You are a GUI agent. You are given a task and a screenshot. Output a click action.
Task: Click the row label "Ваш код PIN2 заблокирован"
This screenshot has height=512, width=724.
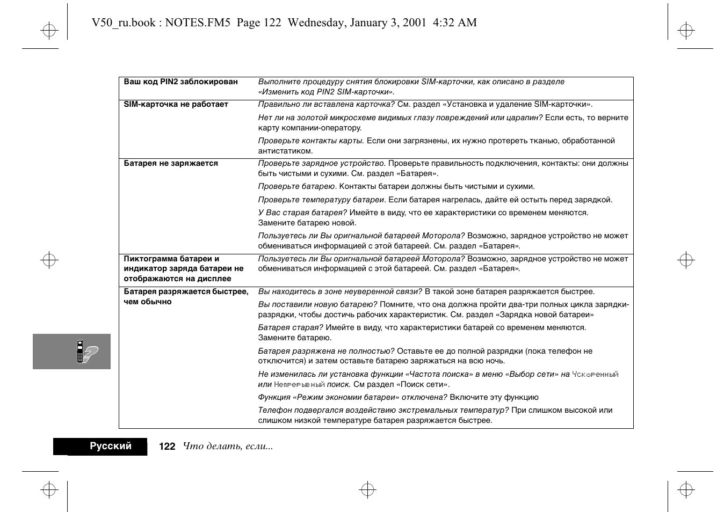point(180,82)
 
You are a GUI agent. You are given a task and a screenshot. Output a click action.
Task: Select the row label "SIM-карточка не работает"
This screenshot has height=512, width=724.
point(176,105)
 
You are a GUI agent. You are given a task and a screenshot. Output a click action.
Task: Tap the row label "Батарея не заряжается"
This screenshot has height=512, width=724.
point(171,164)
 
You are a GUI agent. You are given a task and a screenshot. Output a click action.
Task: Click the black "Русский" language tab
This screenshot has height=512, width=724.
point(110,447)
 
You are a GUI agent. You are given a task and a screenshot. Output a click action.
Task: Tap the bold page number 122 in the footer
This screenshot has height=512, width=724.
point(167,447)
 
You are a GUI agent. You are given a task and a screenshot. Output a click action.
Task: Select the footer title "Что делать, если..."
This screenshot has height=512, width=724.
point(228,447)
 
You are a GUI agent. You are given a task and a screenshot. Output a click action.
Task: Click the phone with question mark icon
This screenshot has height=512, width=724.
point(86,352)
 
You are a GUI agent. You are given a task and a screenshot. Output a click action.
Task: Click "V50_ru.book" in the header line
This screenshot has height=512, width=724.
point(124,23)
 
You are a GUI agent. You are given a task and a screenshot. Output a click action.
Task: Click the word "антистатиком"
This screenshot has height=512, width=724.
point(285,151)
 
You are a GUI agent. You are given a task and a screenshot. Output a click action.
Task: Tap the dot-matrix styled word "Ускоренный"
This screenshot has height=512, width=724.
point(595,375)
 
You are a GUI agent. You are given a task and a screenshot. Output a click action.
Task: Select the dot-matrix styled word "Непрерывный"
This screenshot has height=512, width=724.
point(299,385)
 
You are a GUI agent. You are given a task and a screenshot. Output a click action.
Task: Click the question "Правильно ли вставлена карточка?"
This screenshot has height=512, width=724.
point(326,105)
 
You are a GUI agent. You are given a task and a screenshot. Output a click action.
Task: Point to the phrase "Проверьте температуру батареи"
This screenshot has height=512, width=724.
point(321,200)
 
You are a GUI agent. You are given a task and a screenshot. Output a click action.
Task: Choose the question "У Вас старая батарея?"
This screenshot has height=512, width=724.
point(302,213)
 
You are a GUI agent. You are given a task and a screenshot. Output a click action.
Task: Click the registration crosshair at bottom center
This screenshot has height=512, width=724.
point(367,490)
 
